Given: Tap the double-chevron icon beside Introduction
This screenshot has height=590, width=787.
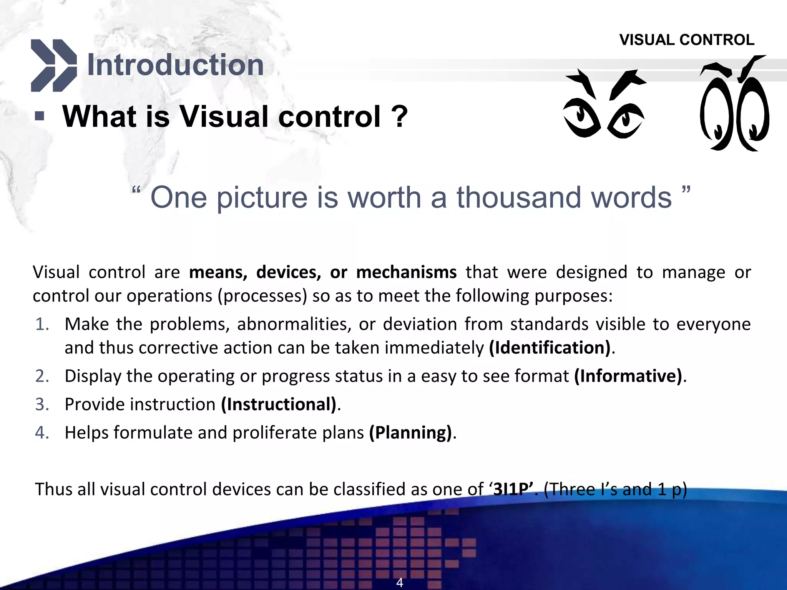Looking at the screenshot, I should [x=53, y=65].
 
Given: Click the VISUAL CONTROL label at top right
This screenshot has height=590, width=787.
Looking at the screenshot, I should [x=687, y=40].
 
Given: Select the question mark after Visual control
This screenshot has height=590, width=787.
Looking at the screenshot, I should [x=399, y=117].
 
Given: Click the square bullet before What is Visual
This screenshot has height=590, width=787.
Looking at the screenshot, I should [x=40, y=116].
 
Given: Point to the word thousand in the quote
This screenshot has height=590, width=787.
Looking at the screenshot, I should [x=520, y=197].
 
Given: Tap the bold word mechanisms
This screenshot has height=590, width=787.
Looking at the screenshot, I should [x=406, y=272].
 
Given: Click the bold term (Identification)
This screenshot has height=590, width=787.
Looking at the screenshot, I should [x=550, y=348].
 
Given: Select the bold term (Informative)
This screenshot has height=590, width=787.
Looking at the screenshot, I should [x=628, y=376].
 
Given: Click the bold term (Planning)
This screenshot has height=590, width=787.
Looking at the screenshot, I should [x=410, y=433].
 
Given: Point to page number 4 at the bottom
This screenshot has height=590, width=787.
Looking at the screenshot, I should [x=400, y=582].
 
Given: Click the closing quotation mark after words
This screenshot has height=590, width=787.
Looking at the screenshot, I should [x=686, y=190].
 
